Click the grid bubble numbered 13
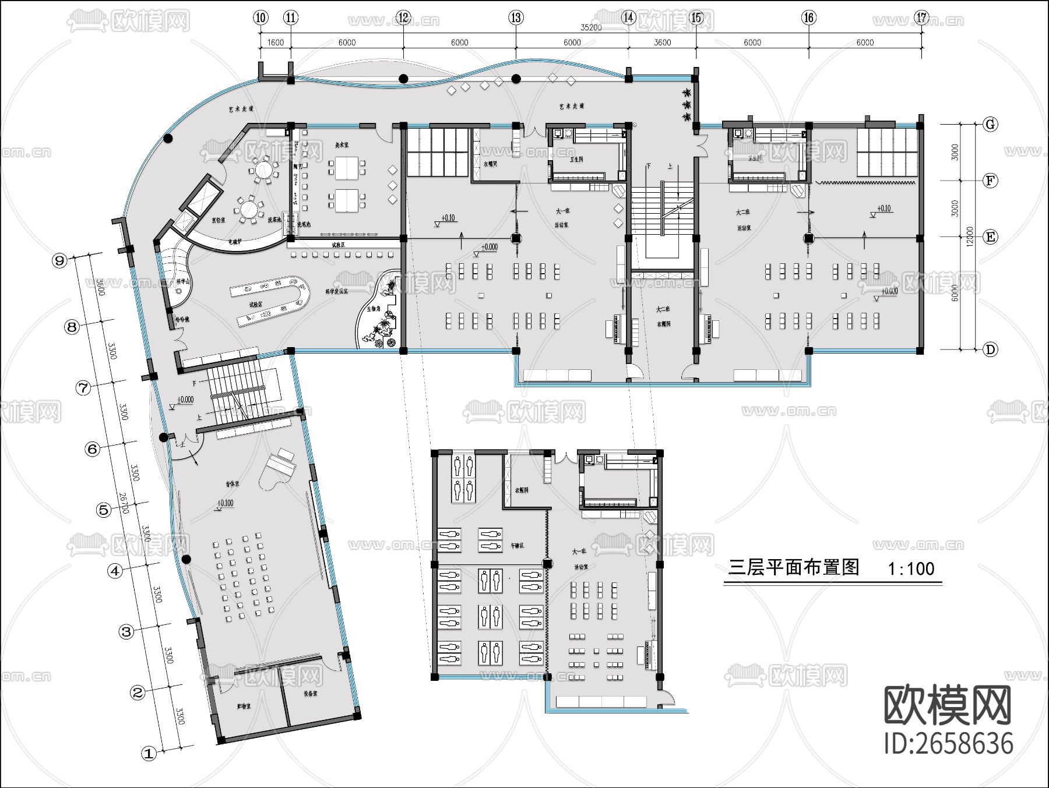click(516, 17)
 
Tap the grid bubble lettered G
click(990, 124)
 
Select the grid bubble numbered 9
click(59, 260)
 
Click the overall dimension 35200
click(591, 27)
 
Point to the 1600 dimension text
click(275, 43)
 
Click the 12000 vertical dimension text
click(969, 236)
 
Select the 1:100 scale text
click(911, 568)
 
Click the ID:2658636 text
click(948, 744)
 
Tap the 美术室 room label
click(342, 144)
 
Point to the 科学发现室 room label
click(336, 291)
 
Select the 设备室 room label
click(310, 694)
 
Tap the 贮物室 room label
click(244, 706)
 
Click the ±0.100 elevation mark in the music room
click(225, 503)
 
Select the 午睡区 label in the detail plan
click(517, 546)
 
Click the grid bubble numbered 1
click(149, 753)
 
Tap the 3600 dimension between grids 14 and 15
click(662, 43)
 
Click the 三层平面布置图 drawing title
click(794, 567)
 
